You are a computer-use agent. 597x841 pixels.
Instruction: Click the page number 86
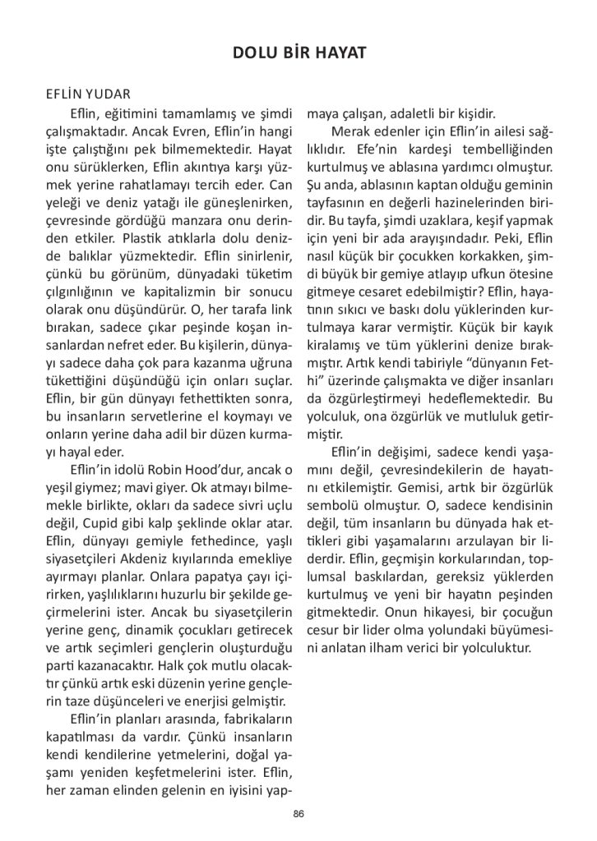298,813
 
